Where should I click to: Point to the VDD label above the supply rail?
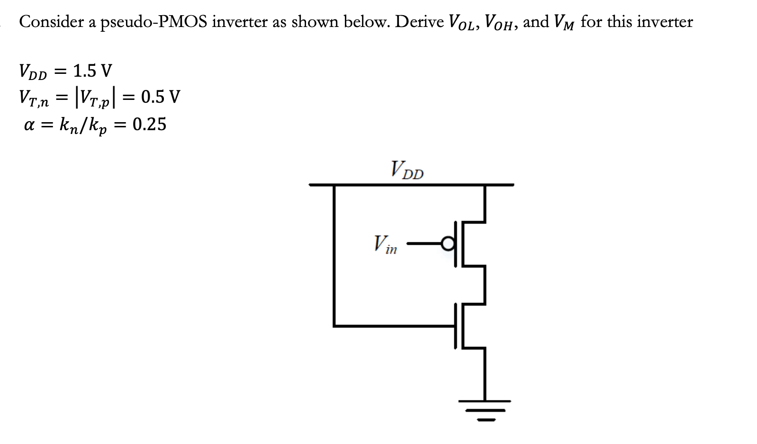407,170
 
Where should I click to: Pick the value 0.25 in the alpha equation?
149,124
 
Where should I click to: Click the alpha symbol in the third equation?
30,125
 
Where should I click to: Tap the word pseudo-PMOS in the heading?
153,22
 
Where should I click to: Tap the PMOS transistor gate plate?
456,244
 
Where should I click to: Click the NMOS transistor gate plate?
456,326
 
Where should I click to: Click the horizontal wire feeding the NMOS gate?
393,326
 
